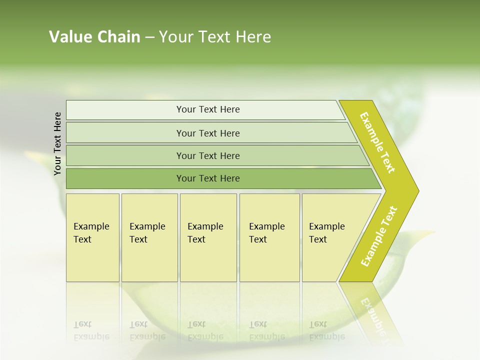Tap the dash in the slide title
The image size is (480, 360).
[x=149, y=37]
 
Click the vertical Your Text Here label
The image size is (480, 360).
[x=57, y=143]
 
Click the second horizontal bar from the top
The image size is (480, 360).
[x=208, y=133]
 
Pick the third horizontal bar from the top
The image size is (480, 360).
[x=208, y=155]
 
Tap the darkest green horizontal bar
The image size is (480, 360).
[x=208, y=178]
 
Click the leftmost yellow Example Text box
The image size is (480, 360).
[x=92, y=237]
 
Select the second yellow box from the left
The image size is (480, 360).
[x=149, y=237]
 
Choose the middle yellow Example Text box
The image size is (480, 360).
[x=208, y=237]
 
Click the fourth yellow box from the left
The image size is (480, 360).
[x=269, y=237]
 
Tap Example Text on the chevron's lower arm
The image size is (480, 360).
[x=379, y=236]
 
